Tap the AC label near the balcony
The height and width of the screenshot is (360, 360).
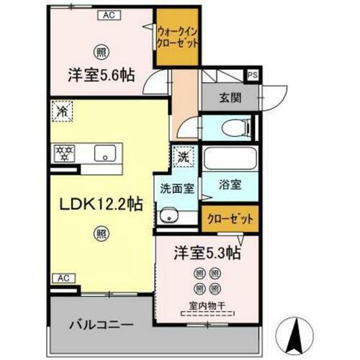point(63,277)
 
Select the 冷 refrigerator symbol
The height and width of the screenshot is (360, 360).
point(62,112)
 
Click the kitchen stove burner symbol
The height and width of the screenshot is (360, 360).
point(63,152)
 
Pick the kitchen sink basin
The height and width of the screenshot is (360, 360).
point(106,153)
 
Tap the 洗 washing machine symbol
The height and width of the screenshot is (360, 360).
point(181,155)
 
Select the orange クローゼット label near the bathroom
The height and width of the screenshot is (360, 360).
point(229,219)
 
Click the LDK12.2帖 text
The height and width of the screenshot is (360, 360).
point(100,204)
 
